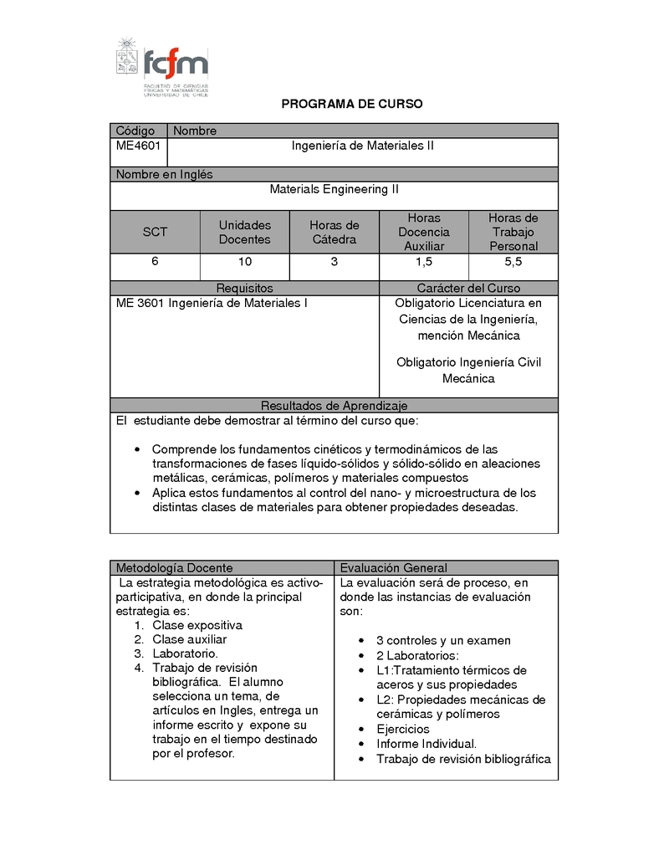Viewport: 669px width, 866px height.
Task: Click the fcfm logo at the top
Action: click(x=162, y=66)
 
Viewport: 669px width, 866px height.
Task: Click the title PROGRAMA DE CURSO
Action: click(x=351, y=105)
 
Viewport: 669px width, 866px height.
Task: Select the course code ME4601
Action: click(x=139, y=146)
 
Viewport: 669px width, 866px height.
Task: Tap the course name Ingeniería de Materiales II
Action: click(x=362, y=146)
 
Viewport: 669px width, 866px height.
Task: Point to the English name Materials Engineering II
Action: click(x=334, y=189)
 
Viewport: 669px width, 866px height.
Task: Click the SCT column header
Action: click(x=155, y=232)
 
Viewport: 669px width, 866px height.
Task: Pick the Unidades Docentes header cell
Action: click(x=244, y=232)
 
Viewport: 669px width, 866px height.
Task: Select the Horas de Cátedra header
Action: click(x=334, y=232)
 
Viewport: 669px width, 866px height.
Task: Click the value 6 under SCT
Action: click(x=155, y=262)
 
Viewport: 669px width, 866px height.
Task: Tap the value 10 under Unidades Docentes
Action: click(x=244, y=262)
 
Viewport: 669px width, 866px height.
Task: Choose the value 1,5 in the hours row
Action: click(x=423, y=262)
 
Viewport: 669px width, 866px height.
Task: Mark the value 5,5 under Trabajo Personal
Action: click(x=513, y=262)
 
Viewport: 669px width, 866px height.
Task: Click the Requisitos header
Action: click(x=244, y=289)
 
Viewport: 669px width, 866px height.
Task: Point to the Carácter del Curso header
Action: click(x=468, y=289)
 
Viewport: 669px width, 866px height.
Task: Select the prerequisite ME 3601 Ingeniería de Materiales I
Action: click(x=212, y=303)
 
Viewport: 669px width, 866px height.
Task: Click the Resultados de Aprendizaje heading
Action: click(x=334, y=405)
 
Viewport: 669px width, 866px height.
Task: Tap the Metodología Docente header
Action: click(x=174, y=568)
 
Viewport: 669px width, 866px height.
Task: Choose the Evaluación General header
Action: click(x=393, y=568)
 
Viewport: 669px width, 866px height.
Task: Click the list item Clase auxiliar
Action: click(x=189, y=639)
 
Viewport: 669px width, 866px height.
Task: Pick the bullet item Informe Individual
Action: click(x=426, y=744)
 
